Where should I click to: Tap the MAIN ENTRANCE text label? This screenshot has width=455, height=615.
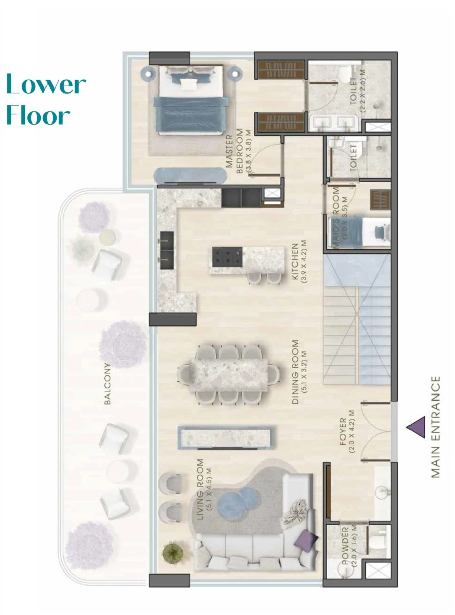435,427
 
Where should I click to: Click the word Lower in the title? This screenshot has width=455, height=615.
46,84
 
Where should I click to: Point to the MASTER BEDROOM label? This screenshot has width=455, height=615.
241,152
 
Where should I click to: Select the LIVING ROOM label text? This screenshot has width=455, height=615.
204,489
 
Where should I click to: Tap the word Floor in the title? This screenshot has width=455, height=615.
38,115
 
